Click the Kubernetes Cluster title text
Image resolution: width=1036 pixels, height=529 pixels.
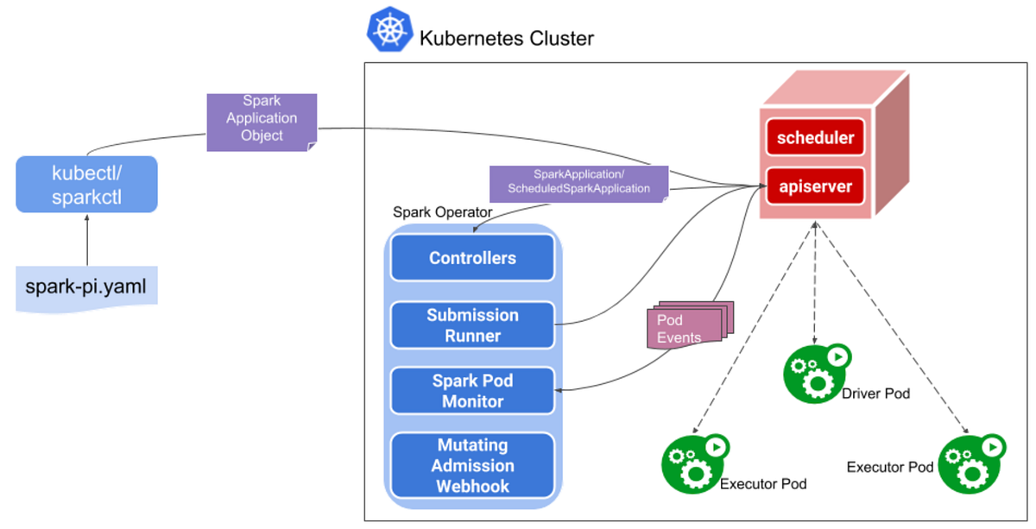pos(506,39)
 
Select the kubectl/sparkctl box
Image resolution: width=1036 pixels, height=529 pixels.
pos(86,184)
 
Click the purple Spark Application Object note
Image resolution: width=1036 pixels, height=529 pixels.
pos(262,122)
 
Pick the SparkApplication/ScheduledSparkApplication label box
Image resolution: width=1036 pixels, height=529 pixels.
pos(578,183)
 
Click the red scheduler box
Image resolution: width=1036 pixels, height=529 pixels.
pos(815,138)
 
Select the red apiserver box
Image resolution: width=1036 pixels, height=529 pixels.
pos(815,186)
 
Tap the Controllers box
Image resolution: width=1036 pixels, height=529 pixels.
pos(472,258)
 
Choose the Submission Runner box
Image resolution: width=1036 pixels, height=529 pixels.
pos(472,325)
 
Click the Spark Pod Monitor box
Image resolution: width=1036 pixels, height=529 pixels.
pos(472,390)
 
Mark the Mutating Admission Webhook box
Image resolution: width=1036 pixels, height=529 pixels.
pos(472,465)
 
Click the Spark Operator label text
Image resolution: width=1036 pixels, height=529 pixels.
pos(442,212)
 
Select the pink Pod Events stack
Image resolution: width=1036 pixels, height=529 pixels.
pos(689,326)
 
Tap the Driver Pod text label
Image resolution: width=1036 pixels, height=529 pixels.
pos(875,394)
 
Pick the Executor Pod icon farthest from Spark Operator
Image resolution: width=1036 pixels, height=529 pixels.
pos(970,463)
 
